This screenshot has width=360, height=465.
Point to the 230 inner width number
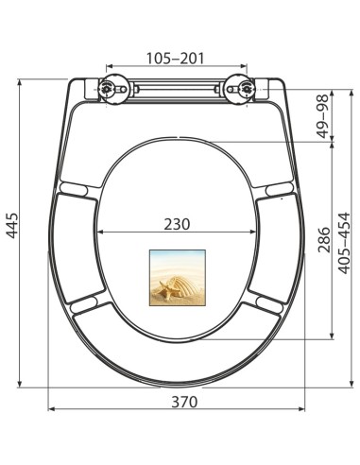176,224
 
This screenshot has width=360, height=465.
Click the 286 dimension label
322,241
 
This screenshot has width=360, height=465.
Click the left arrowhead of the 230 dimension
101,232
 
